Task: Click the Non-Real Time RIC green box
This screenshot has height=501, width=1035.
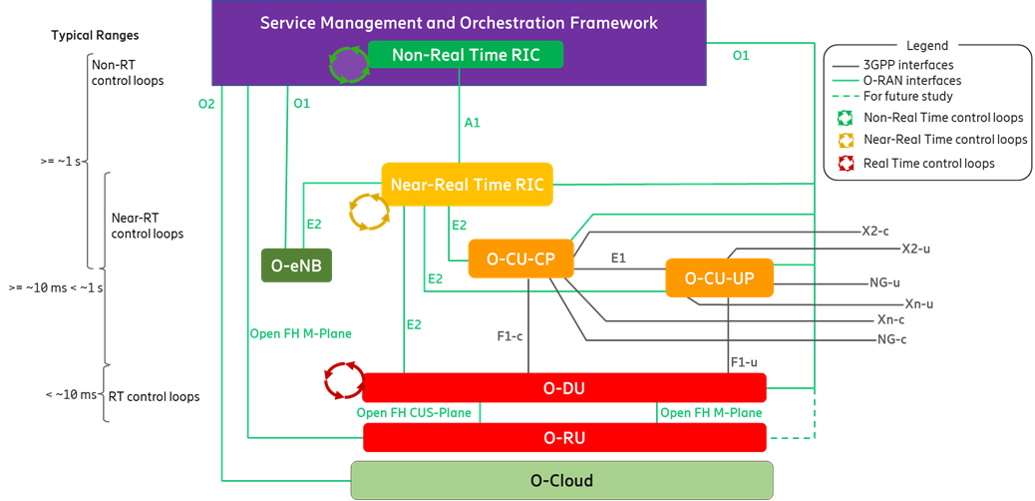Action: pyautogui.click(x=466, y=55)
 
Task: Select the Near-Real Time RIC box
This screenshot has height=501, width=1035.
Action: pyautogui.click(x=467, y=185)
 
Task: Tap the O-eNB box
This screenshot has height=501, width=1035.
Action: pyautogui.click(x=296, y=265)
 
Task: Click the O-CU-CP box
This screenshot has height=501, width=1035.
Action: pyautogui.click(x=521, y=259)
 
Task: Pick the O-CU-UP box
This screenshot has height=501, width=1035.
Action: pyautogui.click(x=720, y=278)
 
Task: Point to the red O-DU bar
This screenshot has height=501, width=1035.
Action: pyautogui.click(x=564, y=387)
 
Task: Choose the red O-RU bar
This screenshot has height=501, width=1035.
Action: pyautogui.click(x=564, y=437)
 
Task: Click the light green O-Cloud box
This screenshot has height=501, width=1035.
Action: pyautogui.click(x=561, y=480)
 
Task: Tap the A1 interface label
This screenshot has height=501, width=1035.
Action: pyautogui.click(x=473, y=123)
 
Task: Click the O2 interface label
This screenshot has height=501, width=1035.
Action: pyautogui.click(x=206, y=103)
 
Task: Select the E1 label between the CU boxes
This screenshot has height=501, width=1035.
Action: pyautogui.click(x=618, y=257)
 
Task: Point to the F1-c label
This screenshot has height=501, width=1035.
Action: pyautogui.click(x=511, y=336)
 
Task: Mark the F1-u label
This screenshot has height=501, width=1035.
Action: pyautogui.click(x=744, y=361)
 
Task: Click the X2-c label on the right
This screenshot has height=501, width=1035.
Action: pyautogui.click(x=876, y=231)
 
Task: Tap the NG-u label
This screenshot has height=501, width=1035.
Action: pyautogui.click(x=884, y=283)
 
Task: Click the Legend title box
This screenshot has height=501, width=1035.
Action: pyautogui.click(x=927, y=46)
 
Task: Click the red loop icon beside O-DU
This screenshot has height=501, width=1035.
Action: pyautogui.click(x=343, y=379)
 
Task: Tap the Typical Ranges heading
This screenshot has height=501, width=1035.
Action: pyautogui.click(x=95, y=36)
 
